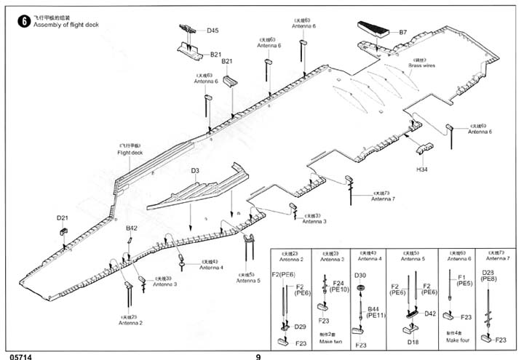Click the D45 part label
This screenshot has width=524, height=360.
click(212, 31)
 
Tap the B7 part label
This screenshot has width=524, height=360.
click(403, 32)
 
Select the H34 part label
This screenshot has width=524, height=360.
click(421, 169)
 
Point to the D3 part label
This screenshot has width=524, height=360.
click(194, 171)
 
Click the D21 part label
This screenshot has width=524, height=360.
click(62, 217)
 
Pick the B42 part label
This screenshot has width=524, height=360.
click(131, 228)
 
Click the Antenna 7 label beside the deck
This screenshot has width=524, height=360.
click(383, 199)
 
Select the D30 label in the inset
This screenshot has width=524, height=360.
click(360, 275)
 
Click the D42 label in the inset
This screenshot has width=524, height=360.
click(429, 314)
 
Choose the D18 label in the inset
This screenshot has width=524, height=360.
click(413, 341)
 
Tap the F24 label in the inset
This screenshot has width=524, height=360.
click(338, 283)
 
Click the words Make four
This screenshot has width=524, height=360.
click(458, 340)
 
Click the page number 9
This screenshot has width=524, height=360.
click(258, 356)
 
